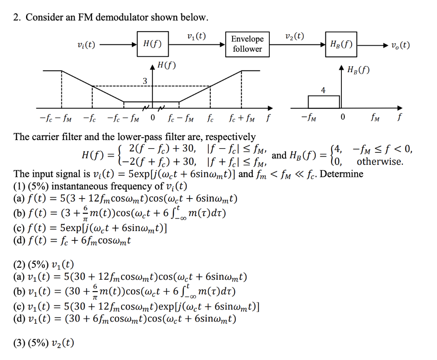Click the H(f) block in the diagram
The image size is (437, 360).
[x=152, y=44]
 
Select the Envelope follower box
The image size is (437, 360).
[x=247, y=44]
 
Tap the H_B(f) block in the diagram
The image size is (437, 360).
[x=341, y=44]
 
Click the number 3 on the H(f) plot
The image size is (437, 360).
[x=145, y=81]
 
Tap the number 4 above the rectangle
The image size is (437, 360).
[x=323, y=91]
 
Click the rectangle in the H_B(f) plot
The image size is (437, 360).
[x=323, y=102]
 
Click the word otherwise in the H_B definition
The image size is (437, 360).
[x=380, y=161]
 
